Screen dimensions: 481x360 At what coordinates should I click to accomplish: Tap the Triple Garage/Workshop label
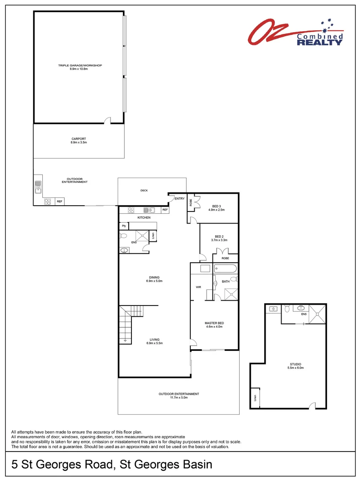coord(80,65)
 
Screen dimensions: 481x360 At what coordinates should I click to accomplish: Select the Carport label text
coord(78,139)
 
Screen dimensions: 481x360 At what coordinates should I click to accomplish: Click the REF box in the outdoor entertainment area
coord(60,201)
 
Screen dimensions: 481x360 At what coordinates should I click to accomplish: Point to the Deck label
coord(144,191)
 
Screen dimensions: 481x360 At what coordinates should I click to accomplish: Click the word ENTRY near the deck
coord(180,198)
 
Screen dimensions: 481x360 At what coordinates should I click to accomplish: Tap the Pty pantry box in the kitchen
coord(123,226)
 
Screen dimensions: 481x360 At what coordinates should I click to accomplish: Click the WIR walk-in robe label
coord(199,287)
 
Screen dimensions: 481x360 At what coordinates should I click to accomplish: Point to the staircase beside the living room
coord(126,324)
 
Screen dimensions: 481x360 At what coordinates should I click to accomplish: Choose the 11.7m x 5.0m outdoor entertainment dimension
coord(179,398)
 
